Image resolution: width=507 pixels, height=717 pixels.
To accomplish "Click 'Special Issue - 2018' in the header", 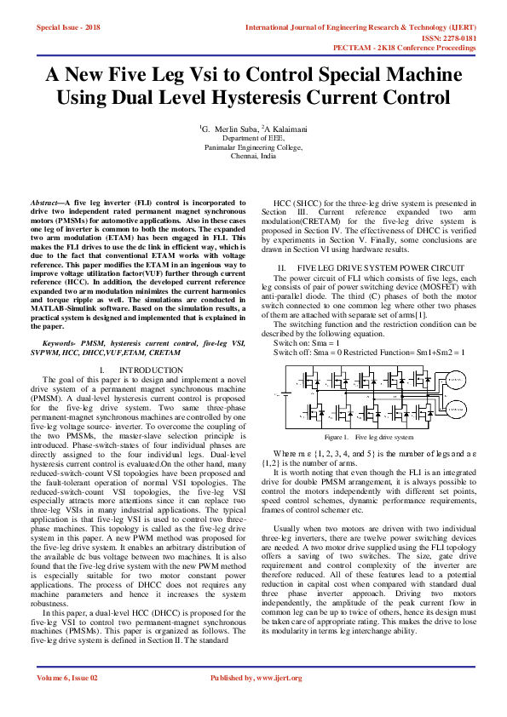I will pyautogui.click(x=67, y=28).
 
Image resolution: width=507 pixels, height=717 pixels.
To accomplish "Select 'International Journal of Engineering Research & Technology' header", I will pyautogui.click(x=360, y=28).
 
